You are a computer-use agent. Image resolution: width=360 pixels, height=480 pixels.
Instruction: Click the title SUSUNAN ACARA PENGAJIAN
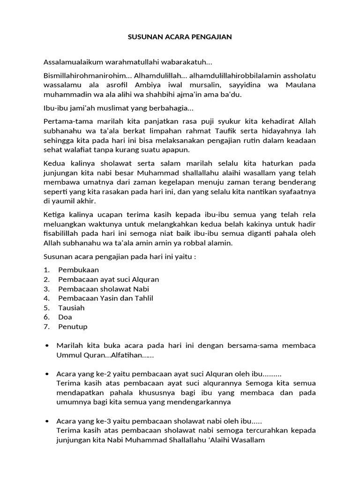tap(180, 37)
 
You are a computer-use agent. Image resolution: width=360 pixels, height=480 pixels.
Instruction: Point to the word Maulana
tap(300, 84)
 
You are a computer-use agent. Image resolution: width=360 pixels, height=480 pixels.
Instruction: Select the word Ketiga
tap(54, 215)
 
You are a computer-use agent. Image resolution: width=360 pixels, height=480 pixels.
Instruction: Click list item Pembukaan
tap(79, 270)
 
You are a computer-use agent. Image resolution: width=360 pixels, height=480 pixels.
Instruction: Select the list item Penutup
tap(73, 327)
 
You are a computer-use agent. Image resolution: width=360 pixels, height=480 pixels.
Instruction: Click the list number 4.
tap(46, 299)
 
